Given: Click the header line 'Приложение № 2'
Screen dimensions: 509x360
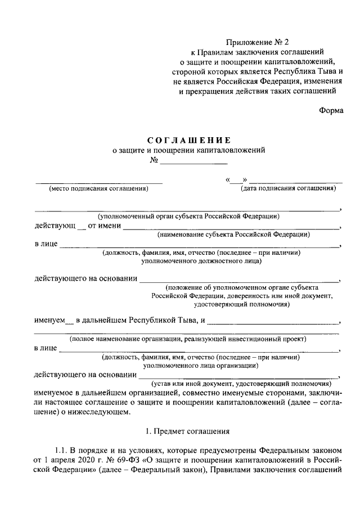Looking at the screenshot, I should [256, 41].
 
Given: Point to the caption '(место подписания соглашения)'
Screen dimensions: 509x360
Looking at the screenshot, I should [98, 188].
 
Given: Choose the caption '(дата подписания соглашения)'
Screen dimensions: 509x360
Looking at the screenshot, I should [289, 188].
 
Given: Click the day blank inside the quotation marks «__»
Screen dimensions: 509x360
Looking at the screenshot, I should [236, 181].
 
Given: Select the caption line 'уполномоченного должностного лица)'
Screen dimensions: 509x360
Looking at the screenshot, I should [201, 260].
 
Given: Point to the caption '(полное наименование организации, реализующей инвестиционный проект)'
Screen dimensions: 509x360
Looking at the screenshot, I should [187, 339].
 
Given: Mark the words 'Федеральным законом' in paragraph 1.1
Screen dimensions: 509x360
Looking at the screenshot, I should [302, 449].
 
